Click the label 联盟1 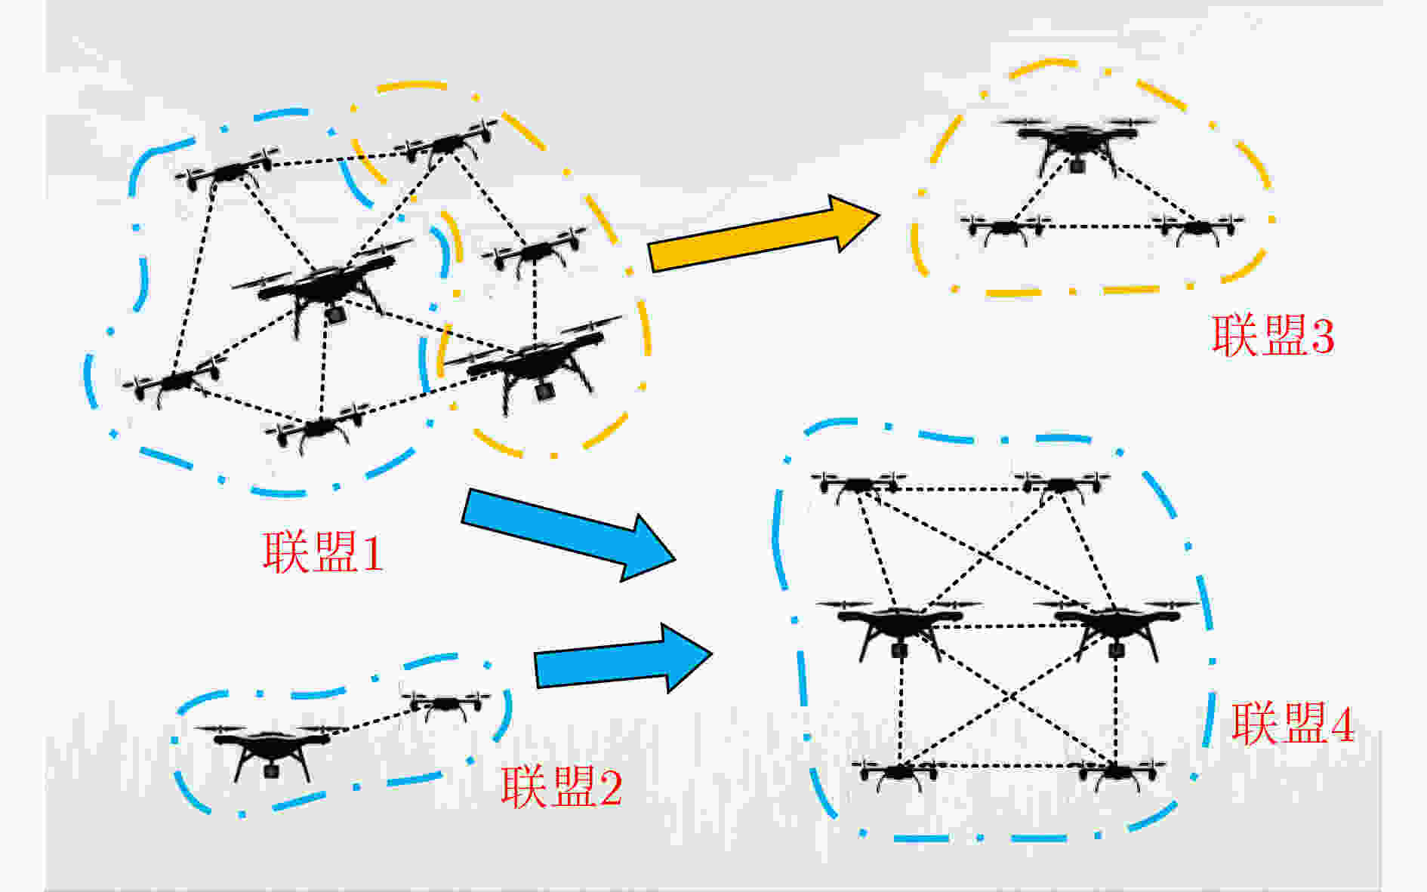point(322,552)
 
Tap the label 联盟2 point(561,787)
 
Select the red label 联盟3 point(1273,334)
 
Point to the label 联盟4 point(1293,722)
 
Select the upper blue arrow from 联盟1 point(568,534)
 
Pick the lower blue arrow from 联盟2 point(624,658)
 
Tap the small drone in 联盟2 point(445,704)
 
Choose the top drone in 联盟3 point(1077,143)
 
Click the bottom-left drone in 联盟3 point(1005,228)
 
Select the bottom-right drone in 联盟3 point(1198,228)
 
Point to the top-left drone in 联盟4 point(858,486)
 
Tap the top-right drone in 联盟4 point(1062,486)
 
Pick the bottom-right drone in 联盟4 point(1117,774)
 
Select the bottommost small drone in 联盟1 point(318,428)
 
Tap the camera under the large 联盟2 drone point(271,771)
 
